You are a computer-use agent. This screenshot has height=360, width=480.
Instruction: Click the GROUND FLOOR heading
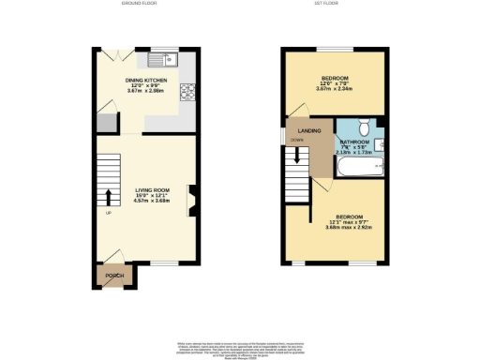(138, 5)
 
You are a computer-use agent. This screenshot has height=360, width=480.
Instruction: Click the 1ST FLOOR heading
(335, 5)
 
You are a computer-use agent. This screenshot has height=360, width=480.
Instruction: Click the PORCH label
(115, 276)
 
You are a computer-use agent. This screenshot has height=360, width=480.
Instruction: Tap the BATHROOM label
(353, 142)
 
